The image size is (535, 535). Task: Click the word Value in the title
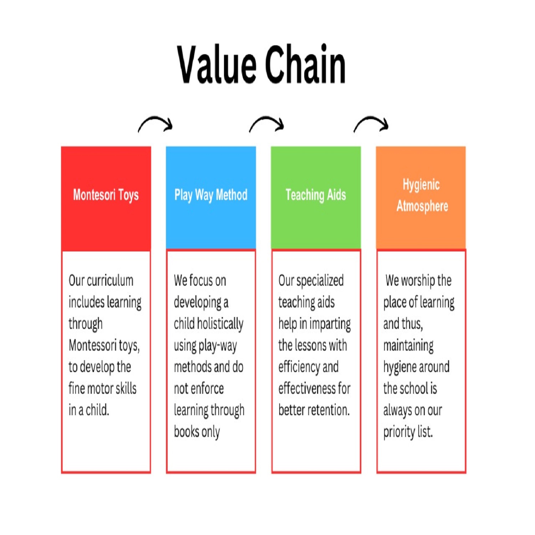pos(217,65)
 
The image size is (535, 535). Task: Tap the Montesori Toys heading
pos(106,195)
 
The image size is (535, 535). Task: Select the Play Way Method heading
pos(211,195)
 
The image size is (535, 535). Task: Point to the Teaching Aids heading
pos(316,195)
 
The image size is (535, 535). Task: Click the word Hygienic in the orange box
pos(421,185)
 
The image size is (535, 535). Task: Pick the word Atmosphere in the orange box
pos(422,206)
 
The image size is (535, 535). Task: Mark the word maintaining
pos(408,346)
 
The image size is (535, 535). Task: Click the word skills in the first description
pos(125,388)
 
